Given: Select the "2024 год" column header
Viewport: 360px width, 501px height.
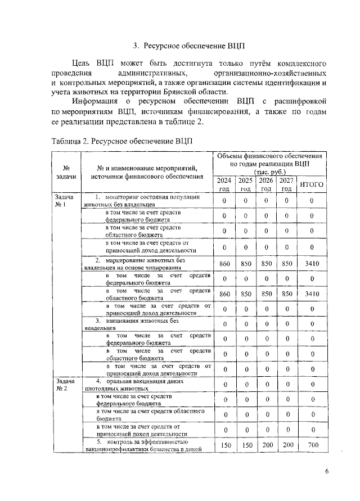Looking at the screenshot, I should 224,184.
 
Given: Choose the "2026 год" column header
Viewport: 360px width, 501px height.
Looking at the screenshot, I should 267,184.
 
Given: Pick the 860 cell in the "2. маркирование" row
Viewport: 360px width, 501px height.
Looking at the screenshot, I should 224,263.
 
